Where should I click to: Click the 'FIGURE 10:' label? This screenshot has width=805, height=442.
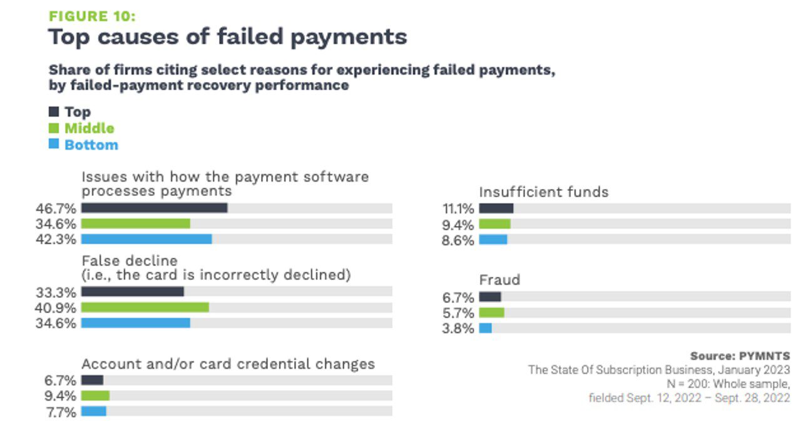coord(91,17)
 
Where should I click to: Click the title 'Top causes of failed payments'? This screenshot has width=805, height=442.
coord(228,37)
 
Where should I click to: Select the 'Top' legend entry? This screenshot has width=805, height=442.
coord(77,112)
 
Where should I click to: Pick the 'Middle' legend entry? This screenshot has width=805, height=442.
coord(89,128)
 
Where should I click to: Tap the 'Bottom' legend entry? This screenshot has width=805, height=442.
coord(91,145)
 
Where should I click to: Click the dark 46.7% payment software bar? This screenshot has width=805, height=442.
coord(154,208)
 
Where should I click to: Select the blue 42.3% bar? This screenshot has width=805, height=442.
coord(146,239)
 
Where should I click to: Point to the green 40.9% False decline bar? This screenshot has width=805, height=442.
coord(145,307)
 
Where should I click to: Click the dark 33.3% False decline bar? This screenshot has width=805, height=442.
coord(132,292)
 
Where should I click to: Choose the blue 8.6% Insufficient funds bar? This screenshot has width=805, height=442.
coord(493,240)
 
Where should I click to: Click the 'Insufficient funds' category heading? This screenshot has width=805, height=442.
coord(543,192)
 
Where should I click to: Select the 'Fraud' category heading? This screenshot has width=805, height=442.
coord(500,280)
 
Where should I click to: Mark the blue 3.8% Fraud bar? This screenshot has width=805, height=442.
coord(485,328)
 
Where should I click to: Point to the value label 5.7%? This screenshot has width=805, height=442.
coord(458,313)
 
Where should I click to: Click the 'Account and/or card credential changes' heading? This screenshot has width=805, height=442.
coord(228,364)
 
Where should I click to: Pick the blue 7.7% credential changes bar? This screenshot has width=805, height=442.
coord(93,411)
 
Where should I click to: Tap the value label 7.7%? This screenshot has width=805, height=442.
coord(61,412)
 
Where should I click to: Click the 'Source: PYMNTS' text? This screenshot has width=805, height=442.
coord(740,356)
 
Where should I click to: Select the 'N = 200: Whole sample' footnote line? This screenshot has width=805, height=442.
coord(728,384)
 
